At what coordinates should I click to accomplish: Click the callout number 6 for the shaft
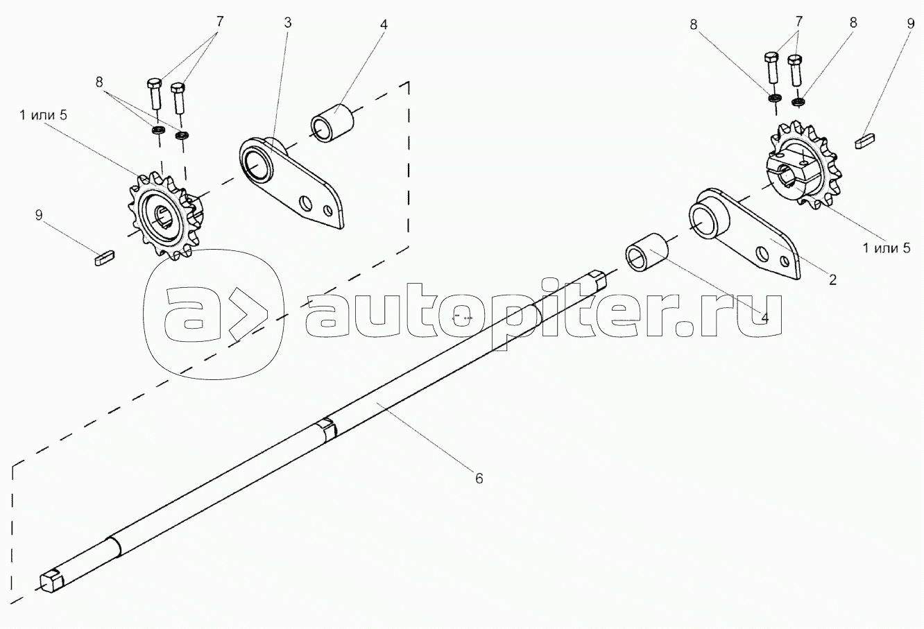point(479,478)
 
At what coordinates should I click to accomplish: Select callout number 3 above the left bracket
point(287,22)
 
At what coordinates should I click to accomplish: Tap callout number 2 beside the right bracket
point(832,279)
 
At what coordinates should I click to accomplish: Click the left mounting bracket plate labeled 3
point(291,182)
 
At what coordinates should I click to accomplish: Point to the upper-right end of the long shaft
point(597,279)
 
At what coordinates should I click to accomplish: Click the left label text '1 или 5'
point(43,115)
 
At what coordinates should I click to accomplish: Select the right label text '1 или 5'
point(886,247)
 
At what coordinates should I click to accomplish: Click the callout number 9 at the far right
point(910,22)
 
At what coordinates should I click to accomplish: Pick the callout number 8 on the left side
point(101,81)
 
